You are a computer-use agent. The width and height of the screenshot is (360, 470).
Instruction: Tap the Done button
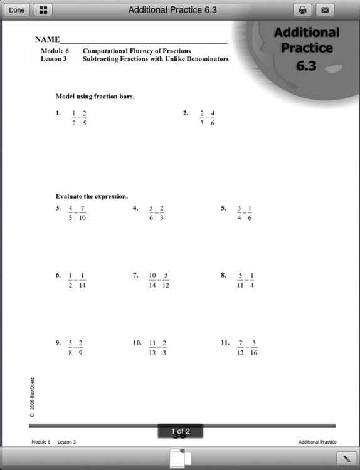click(16, 9)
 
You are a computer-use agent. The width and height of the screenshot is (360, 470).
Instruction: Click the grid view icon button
click(43, 9)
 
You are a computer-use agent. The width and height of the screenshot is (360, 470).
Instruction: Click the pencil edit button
click(346, 457)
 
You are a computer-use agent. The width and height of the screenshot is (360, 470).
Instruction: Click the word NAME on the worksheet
click(47, 39)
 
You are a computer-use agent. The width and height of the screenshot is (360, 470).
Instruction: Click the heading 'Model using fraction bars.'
click(95, 97)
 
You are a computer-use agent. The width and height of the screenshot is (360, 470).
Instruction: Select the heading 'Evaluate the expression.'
click(92, 196)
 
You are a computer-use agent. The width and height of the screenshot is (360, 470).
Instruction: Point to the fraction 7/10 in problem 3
click(82, 213)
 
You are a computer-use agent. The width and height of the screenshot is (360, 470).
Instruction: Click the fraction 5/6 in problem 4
click(151, 213)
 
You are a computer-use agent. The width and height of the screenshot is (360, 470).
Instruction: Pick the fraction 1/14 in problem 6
click(83, 280)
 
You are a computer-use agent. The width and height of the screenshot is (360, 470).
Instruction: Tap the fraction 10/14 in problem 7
click(152, 280)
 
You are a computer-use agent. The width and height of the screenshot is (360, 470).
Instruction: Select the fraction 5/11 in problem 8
click(240, 280)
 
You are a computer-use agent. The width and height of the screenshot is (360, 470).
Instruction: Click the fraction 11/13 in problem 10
click(152, 348)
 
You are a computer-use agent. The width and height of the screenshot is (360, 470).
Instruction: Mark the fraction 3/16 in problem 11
click(253, 348)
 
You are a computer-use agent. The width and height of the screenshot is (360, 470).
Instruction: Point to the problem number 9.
click(58, 343)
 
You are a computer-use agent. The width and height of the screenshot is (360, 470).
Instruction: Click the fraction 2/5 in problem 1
click(85, 118)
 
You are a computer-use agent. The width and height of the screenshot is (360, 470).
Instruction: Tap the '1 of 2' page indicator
click(180, 431)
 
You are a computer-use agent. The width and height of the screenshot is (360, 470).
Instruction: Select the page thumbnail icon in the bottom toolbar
click(180, 458)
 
